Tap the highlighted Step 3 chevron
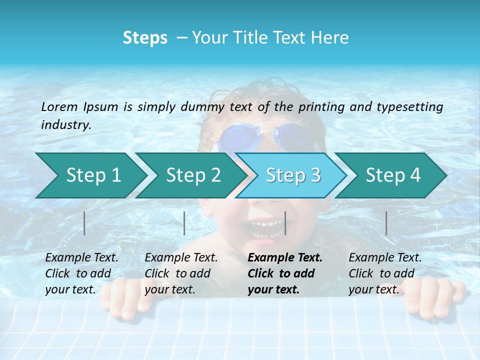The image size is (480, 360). tap(293, 175)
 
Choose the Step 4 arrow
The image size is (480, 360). tap(393, 175)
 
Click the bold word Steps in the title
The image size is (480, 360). tap(145, 38)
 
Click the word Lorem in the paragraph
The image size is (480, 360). tap(59, 106)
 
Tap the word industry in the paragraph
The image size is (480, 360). tap(65, 124)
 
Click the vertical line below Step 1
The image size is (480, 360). tap(84, 223)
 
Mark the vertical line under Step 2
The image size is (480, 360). tap(184, 223)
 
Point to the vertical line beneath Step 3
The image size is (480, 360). tap(285, 223)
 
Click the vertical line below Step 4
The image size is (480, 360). tap(386, 223)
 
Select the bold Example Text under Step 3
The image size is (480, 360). tap(285, 258)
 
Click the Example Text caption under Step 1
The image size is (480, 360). tap(81, 258)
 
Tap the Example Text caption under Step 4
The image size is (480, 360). tap(385, 258)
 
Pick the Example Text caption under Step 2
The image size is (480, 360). tap(181, 258)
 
